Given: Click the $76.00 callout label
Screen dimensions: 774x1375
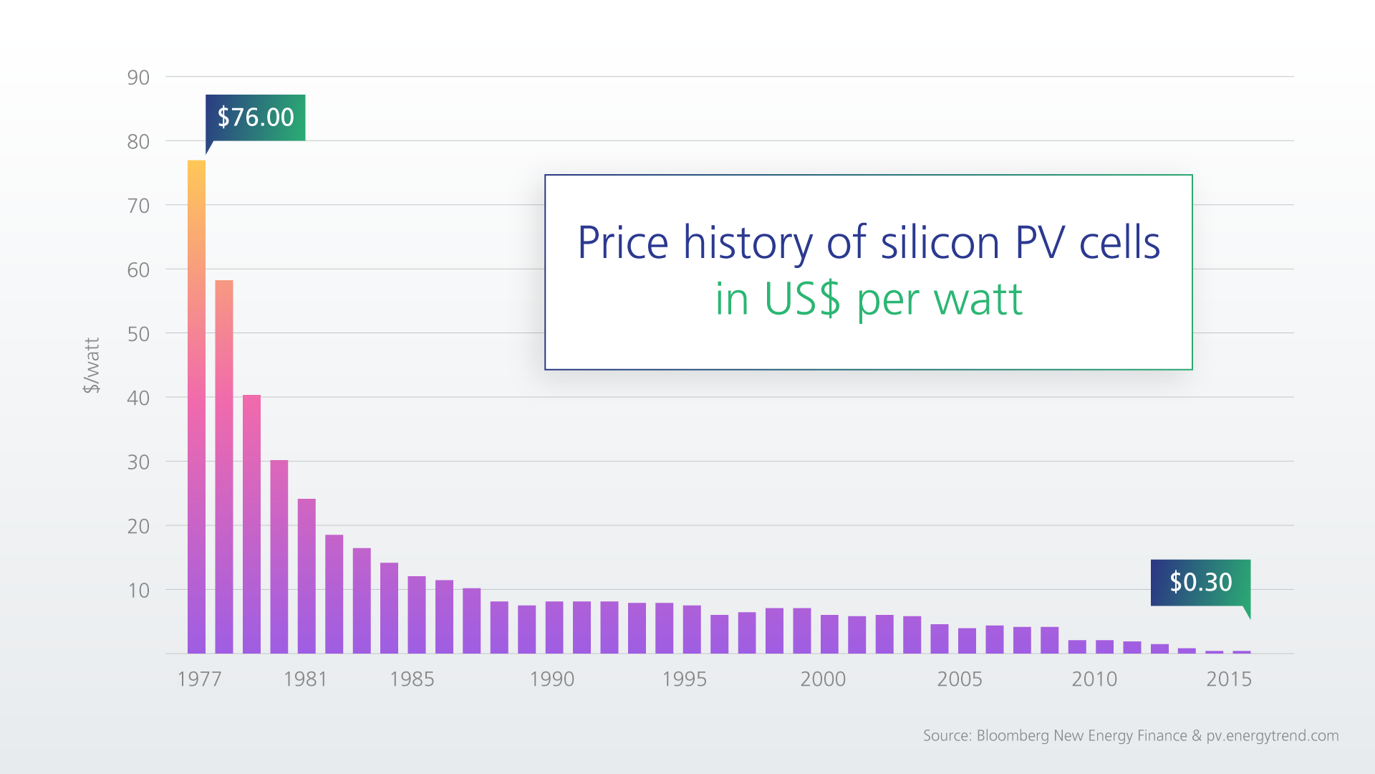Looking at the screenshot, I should (x=256, y=118).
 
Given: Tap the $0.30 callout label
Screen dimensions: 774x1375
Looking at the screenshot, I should (x=1200, y=582).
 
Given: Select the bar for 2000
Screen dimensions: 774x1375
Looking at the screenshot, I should (x=829, y=634).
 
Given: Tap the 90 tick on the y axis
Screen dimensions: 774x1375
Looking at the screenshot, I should (x=138, y=77).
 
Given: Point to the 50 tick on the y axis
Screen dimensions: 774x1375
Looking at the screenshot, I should (x=138, y=334).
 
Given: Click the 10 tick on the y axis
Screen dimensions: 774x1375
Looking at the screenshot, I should (x=138, y=591).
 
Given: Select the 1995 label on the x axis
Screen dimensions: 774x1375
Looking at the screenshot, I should (x=684, y=679).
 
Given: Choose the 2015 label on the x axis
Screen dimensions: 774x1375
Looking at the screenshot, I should (x=1228, y=679).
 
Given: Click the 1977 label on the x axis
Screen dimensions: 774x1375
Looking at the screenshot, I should (x=199, y=679).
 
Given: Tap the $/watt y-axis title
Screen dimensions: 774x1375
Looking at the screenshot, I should (x=92, y=365).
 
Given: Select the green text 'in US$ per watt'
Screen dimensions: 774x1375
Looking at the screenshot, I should (x=868, y=299).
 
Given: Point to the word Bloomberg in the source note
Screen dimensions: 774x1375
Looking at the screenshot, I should (x=1012, y=735).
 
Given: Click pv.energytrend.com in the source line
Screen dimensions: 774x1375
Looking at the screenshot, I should (x=1272, y=735).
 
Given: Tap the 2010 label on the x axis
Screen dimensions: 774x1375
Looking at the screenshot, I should (x=1094, y=679).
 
